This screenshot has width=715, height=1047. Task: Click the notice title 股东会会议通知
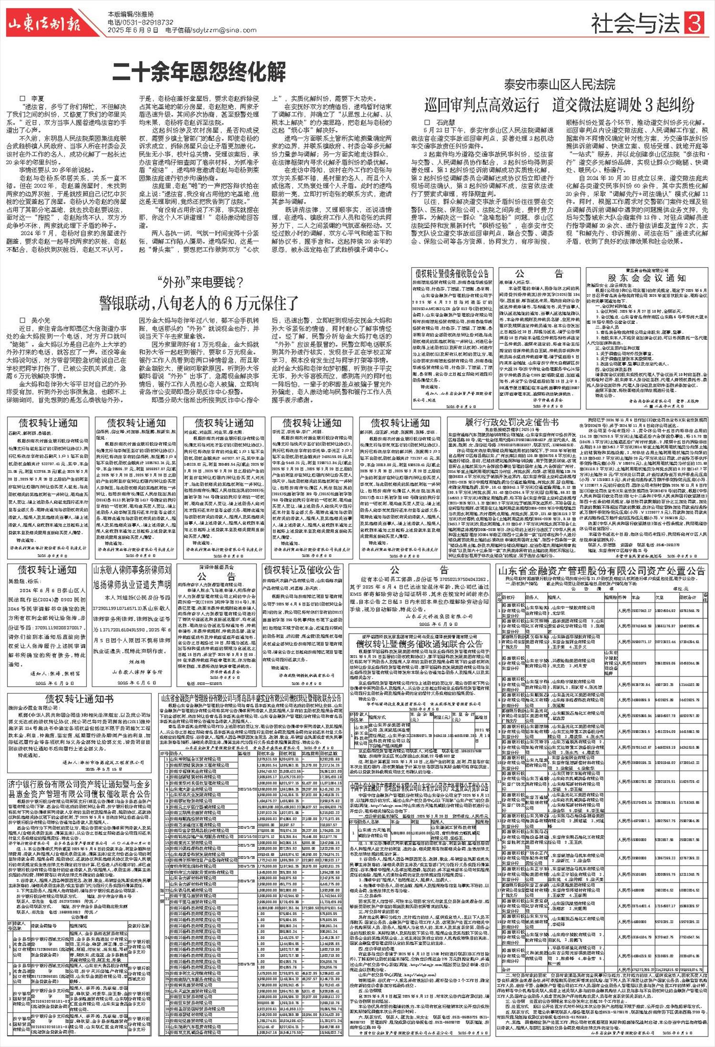[646, 278]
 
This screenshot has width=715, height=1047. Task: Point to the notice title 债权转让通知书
[79, 699]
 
